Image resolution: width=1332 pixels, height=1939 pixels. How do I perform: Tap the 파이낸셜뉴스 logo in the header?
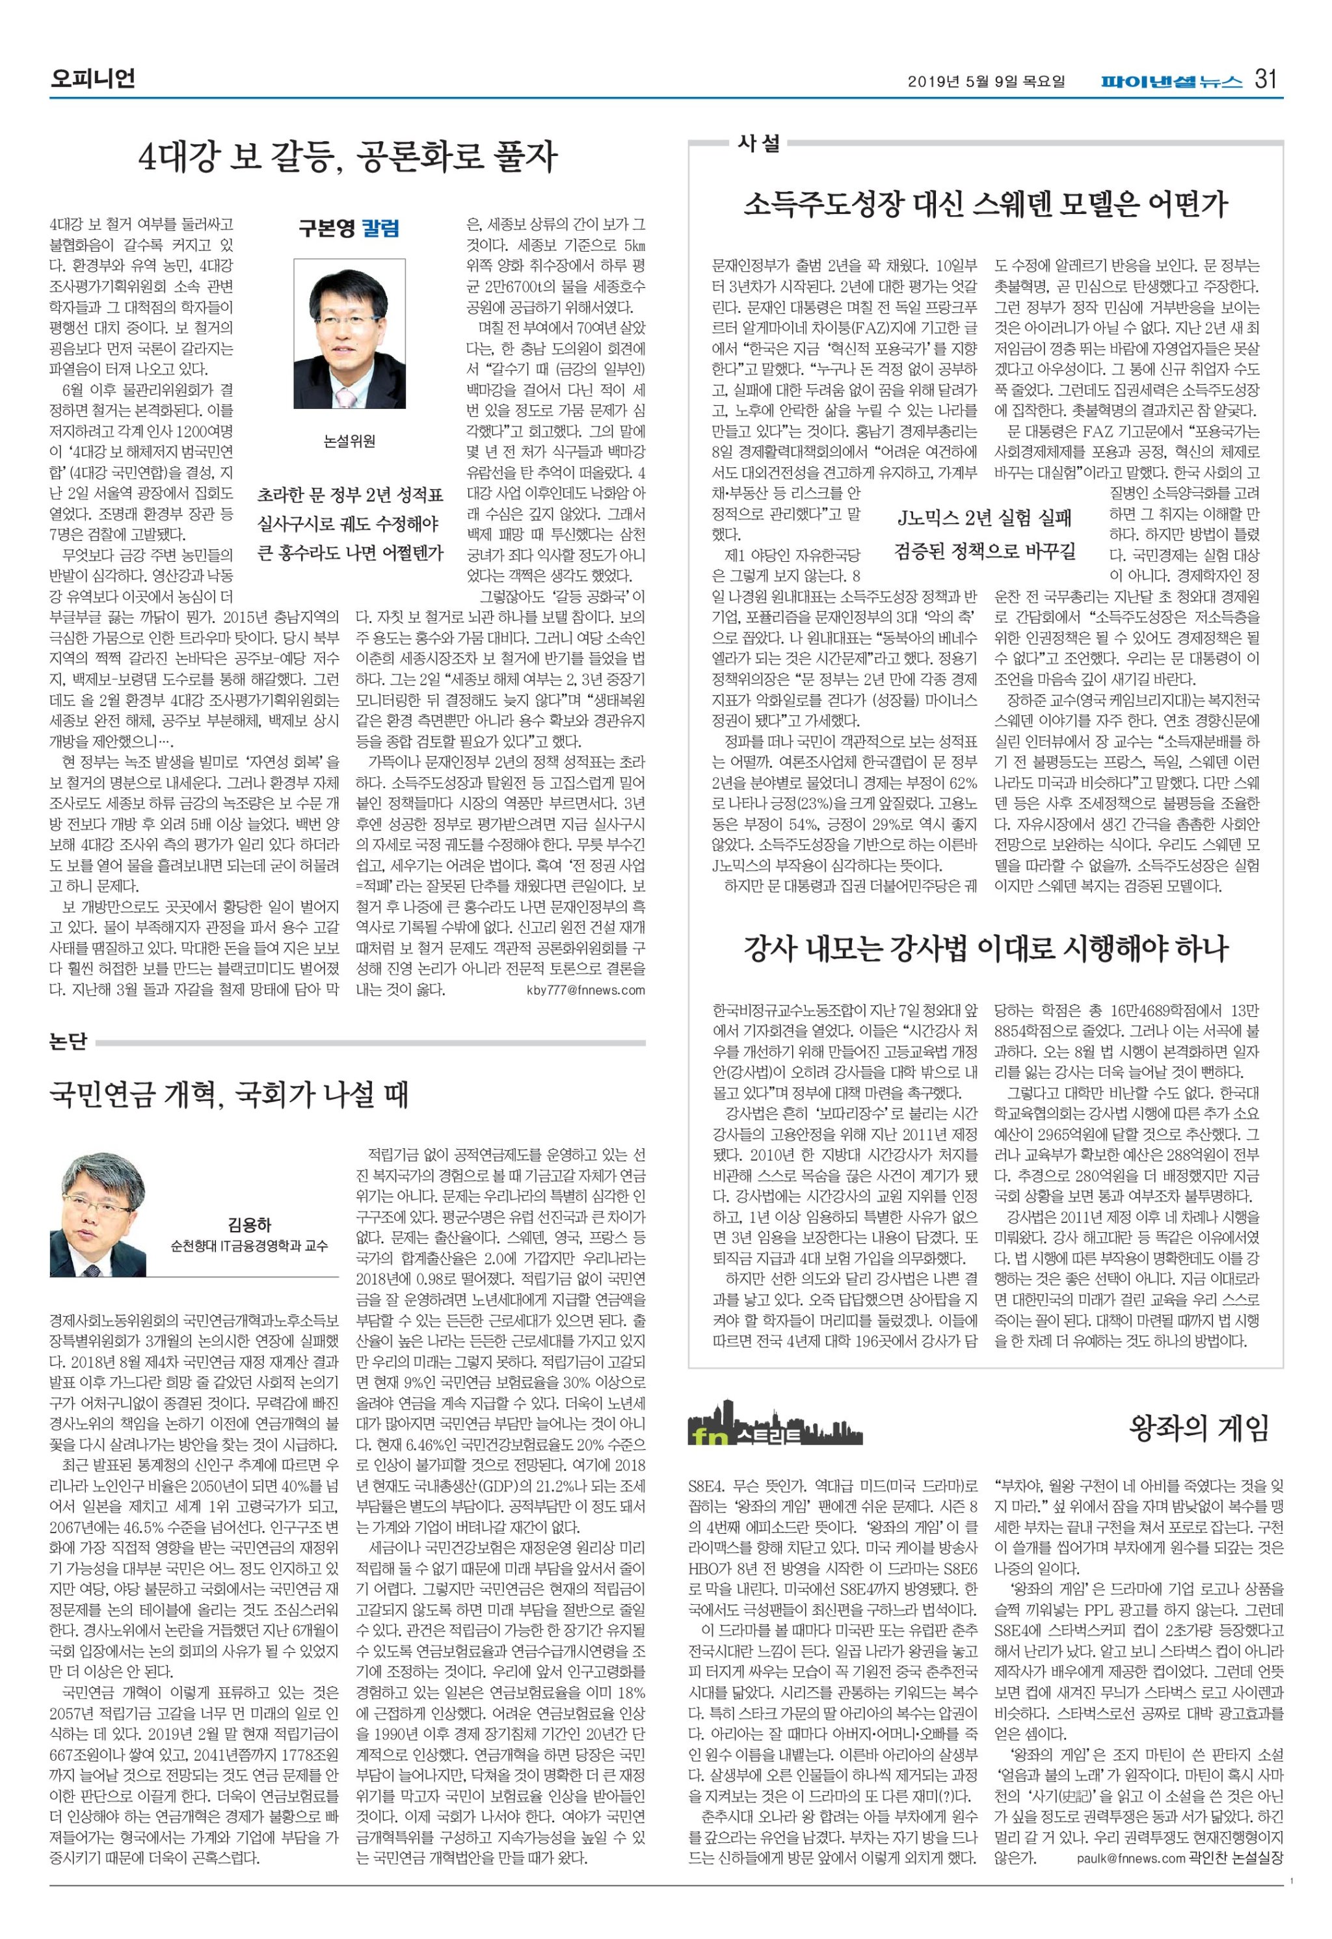click(1171, 82)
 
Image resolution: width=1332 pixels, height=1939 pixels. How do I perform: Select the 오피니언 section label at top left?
click(92, 79)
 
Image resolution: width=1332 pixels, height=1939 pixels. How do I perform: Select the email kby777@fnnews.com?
click(586, 990)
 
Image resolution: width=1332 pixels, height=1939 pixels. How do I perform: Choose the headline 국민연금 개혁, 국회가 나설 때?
click(230, 1094)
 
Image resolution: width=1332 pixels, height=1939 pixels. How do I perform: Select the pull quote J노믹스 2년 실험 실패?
click(984, 518)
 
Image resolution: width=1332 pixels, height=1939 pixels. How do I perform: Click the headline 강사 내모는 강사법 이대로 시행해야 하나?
click(985, 948)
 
